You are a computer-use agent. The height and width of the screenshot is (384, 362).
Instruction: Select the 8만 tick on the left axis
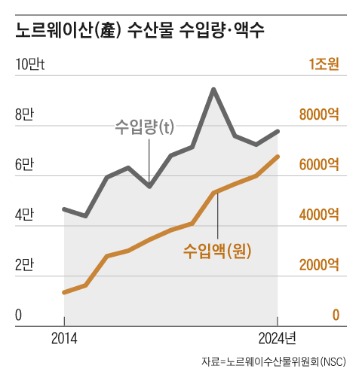point(24,115)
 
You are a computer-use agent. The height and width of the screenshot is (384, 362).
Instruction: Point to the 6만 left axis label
point(24,165)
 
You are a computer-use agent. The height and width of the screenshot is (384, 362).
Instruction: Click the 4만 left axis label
point(24,215)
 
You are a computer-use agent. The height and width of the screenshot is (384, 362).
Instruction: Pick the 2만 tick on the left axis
point(24,265)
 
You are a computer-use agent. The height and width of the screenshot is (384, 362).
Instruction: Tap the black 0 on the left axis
point(19,315)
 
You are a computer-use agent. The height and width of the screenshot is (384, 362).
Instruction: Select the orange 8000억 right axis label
point(319,115)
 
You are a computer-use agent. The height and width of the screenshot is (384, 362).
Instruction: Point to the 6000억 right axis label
point(319,165)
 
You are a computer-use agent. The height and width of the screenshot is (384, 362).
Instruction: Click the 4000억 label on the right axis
point(319,215)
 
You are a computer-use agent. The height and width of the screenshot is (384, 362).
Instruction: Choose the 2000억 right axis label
point(319,265)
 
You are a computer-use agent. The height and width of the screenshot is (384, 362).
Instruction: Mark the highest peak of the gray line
point(213,90)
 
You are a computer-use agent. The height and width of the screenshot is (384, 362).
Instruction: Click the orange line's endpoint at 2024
point(278,157)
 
